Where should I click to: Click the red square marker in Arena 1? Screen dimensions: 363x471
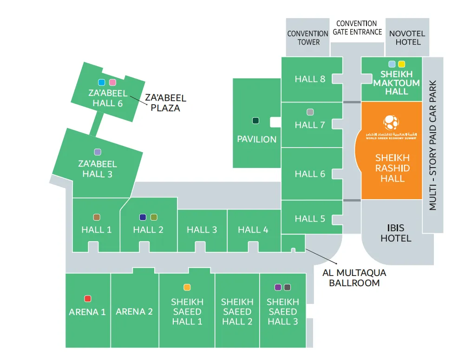[87, 299]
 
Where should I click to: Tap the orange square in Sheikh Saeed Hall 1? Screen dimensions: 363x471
[187, 287]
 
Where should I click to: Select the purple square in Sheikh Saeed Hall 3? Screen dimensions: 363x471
[278, 287]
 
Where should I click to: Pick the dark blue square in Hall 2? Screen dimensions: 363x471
[143, 217]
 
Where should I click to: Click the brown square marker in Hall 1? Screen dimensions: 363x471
[97, 217]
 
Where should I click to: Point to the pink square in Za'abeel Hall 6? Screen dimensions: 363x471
[112, 82]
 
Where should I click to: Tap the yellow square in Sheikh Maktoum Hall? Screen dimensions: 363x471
[402, 64]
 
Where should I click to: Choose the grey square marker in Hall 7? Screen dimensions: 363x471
[310, 112]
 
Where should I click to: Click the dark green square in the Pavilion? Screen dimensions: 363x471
[255, 121]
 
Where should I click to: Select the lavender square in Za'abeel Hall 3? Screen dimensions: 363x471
[98, 152]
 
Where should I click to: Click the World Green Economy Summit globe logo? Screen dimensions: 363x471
[391, 122]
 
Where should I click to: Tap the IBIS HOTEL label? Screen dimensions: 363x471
[396, 233]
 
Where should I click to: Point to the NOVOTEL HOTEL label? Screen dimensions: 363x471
[407, 38]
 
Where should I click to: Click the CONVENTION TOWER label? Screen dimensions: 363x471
[308, 38]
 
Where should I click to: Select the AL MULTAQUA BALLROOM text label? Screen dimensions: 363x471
[354, 278]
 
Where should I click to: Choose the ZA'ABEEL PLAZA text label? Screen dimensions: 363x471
[165, 103]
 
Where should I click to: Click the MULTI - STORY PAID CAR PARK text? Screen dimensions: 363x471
[433, 146]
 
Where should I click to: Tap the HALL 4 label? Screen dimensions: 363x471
[253, 229]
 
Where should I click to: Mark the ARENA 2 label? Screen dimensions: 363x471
[134, 311]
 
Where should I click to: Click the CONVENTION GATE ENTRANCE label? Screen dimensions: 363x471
[357, 27]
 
